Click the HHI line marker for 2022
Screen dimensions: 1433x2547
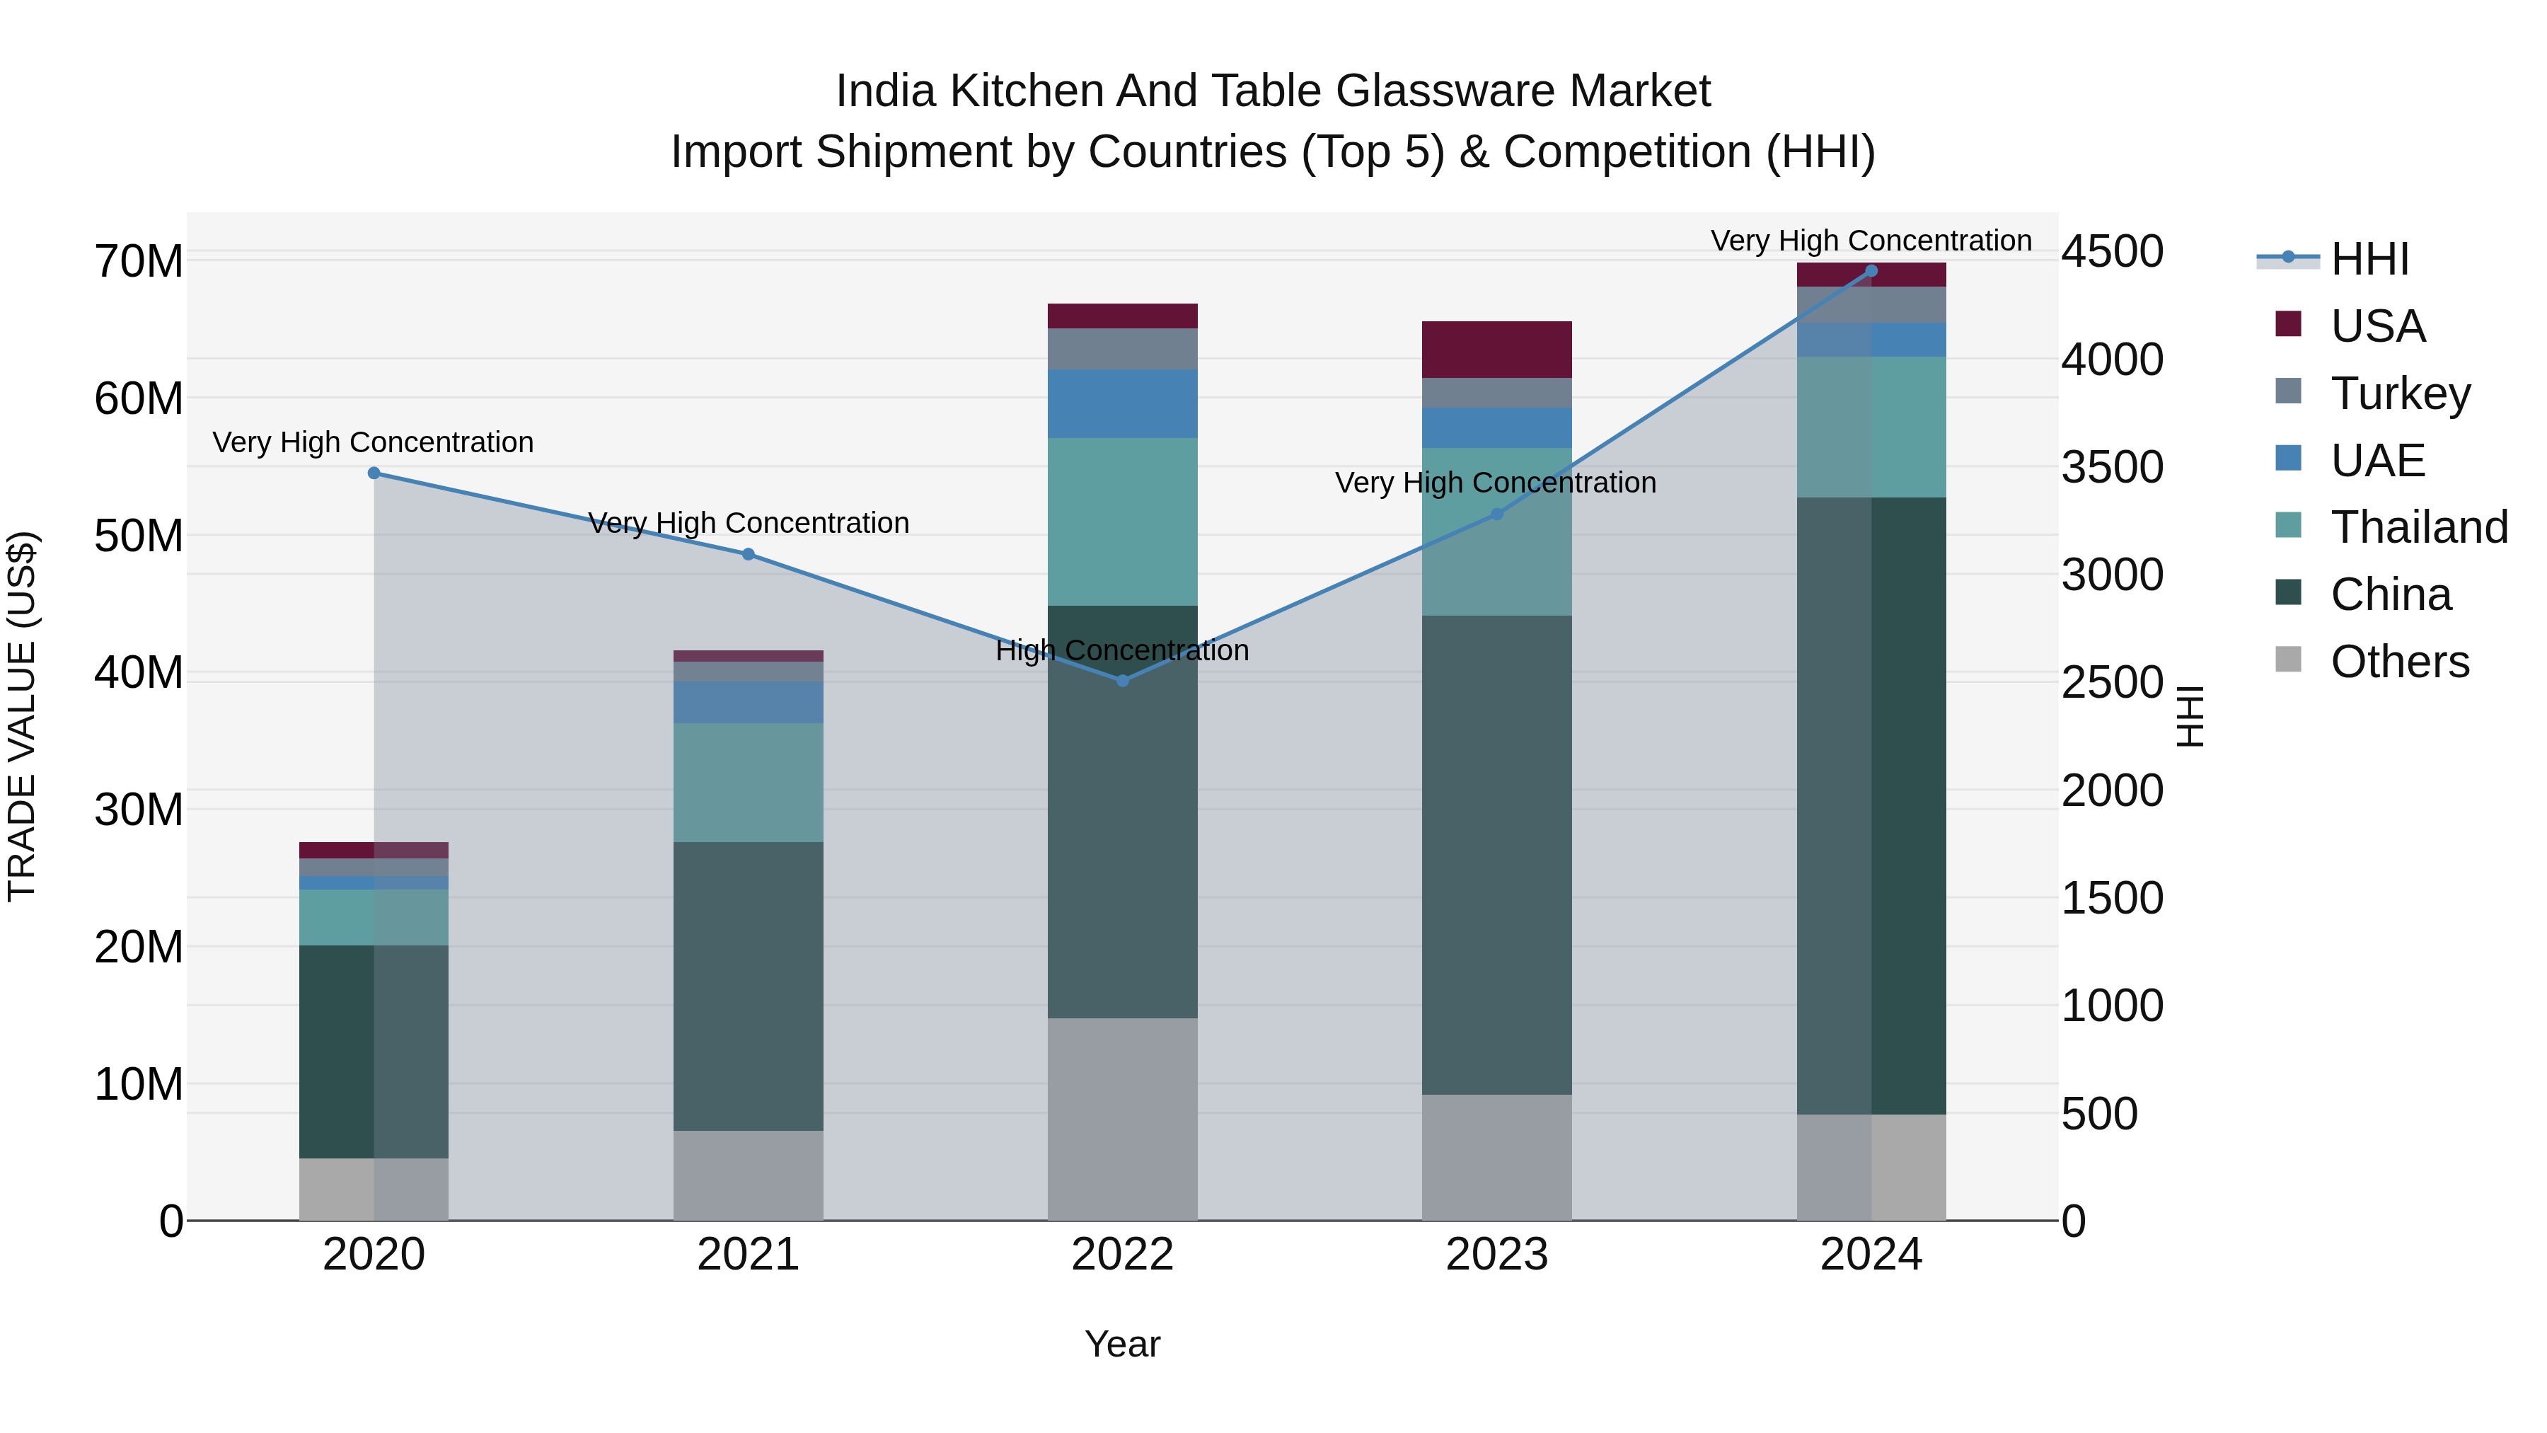click(1122, 680)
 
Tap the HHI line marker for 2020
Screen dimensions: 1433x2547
click(374, 473)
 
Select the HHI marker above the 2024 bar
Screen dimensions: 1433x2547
click(1871, 271)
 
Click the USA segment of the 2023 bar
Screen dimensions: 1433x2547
click(1496, 349)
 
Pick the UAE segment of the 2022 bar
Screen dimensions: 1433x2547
click(1122, 403)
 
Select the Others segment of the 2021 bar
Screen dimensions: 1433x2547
click(748, 1175)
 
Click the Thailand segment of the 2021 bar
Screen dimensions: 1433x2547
click(748, 782)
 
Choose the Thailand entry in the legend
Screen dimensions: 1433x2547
click(2418, 527)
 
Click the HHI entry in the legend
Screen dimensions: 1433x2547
click(2368, 259)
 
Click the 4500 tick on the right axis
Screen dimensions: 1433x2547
click(2112, 251)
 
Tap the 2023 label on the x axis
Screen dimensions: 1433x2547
click(1496, 1255)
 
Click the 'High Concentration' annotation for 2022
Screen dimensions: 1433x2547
click(1122, 651)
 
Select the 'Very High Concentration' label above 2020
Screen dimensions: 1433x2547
click(373, 442)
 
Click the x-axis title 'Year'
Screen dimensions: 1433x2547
click(1122, 1344)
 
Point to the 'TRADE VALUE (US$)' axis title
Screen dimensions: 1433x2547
click(22, 716)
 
